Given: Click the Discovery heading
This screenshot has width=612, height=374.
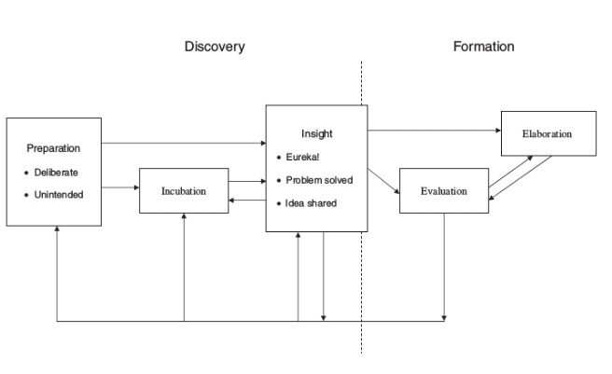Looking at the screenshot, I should pyautogui.click(x=215, y=47).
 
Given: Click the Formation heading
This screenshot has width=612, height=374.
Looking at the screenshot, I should pyautogui.click(x=483, y=46).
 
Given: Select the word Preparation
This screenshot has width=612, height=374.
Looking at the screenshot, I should pyautogui.click(x=53, y=148).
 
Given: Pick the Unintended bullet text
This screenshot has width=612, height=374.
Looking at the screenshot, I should pyautogui.click(x=59, y=194).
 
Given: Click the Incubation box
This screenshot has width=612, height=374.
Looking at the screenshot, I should pyautogui.click(x=184, y=190).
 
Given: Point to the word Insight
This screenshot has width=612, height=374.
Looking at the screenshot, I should pyautogui.click(x=316, y=134).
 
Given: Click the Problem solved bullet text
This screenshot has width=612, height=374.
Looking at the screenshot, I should pyautogui.click(x=319, y=179).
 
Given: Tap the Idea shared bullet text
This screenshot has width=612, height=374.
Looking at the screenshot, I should pyautogui.click(x=312, y=202).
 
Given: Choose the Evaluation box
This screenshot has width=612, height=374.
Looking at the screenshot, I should pyautogui.click(x=444, y=190).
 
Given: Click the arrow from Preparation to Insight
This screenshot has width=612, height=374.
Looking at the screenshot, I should pyautogui.click(x=183, y=144).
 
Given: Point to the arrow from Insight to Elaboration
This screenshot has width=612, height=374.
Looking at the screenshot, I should pyautogui.click(x=434, y=130).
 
